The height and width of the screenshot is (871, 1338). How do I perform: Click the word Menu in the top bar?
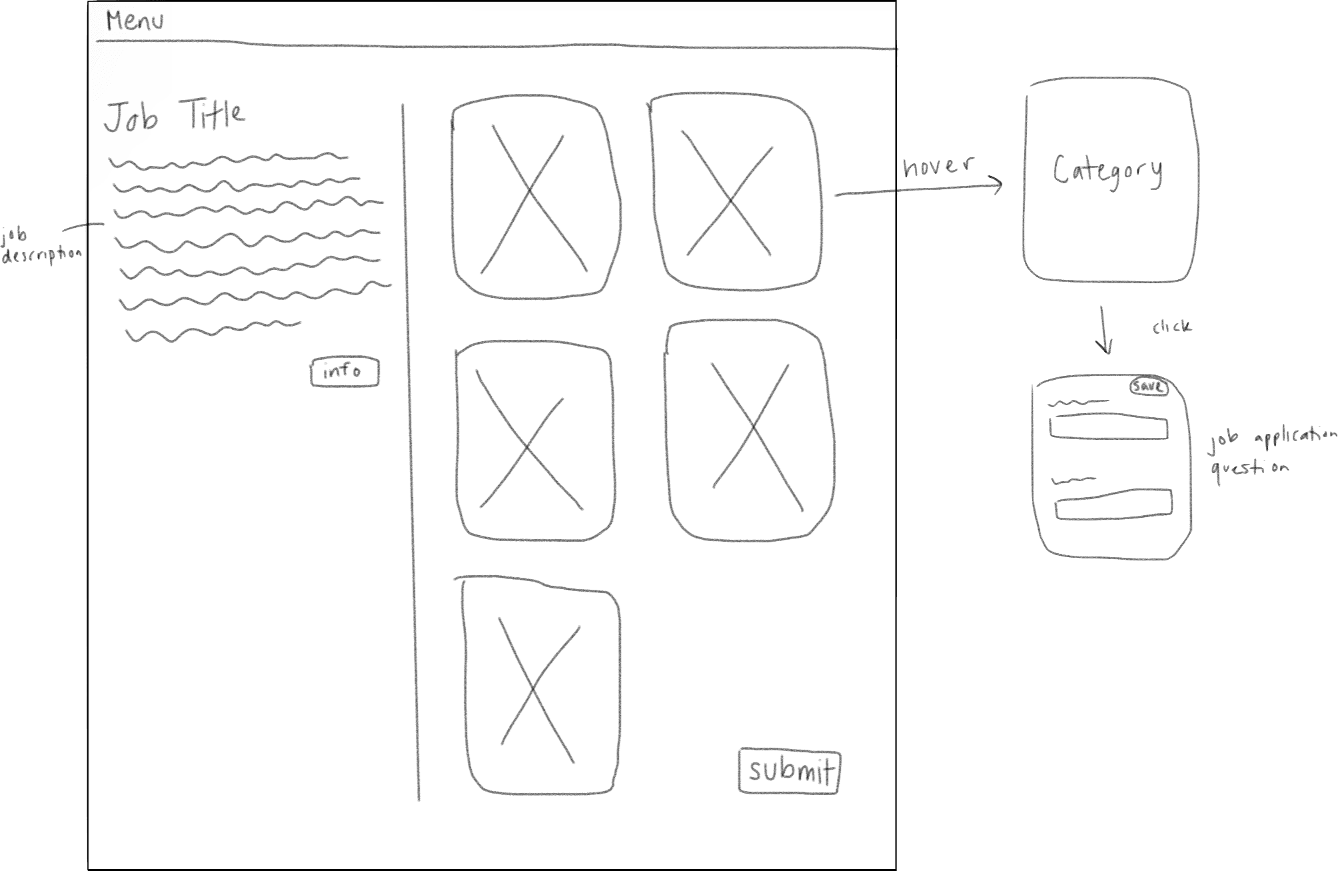pyautogui.click(x=135, y=22)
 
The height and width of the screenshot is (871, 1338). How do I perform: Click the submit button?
pyautogui.click(x=790, y=771)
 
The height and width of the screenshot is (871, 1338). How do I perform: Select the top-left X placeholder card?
pyautogui.click(x=534, y=198)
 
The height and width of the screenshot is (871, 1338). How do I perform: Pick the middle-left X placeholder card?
pyautogui.click(x=533, y=441)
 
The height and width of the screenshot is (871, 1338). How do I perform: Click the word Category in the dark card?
pyautogui.click(x=1107, y=172)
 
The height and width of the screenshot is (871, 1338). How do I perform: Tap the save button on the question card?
pyautogui.click(x=1149, y=387)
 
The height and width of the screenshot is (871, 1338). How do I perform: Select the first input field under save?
pyautogui.click(x=1108, y=427)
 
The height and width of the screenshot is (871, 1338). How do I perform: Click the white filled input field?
pyautogui.click(x=1113, y=504)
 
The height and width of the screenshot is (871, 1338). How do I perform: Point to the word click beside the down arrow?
pyautogui.click(x=1171, y=327)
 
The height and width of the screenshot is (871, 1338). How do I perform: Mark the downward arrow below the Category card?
pyautogui.click(x=1103, y=330)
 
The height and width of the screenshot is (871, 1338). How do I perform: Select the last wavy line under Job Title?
pyautogui.click(x=213, y=331)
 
